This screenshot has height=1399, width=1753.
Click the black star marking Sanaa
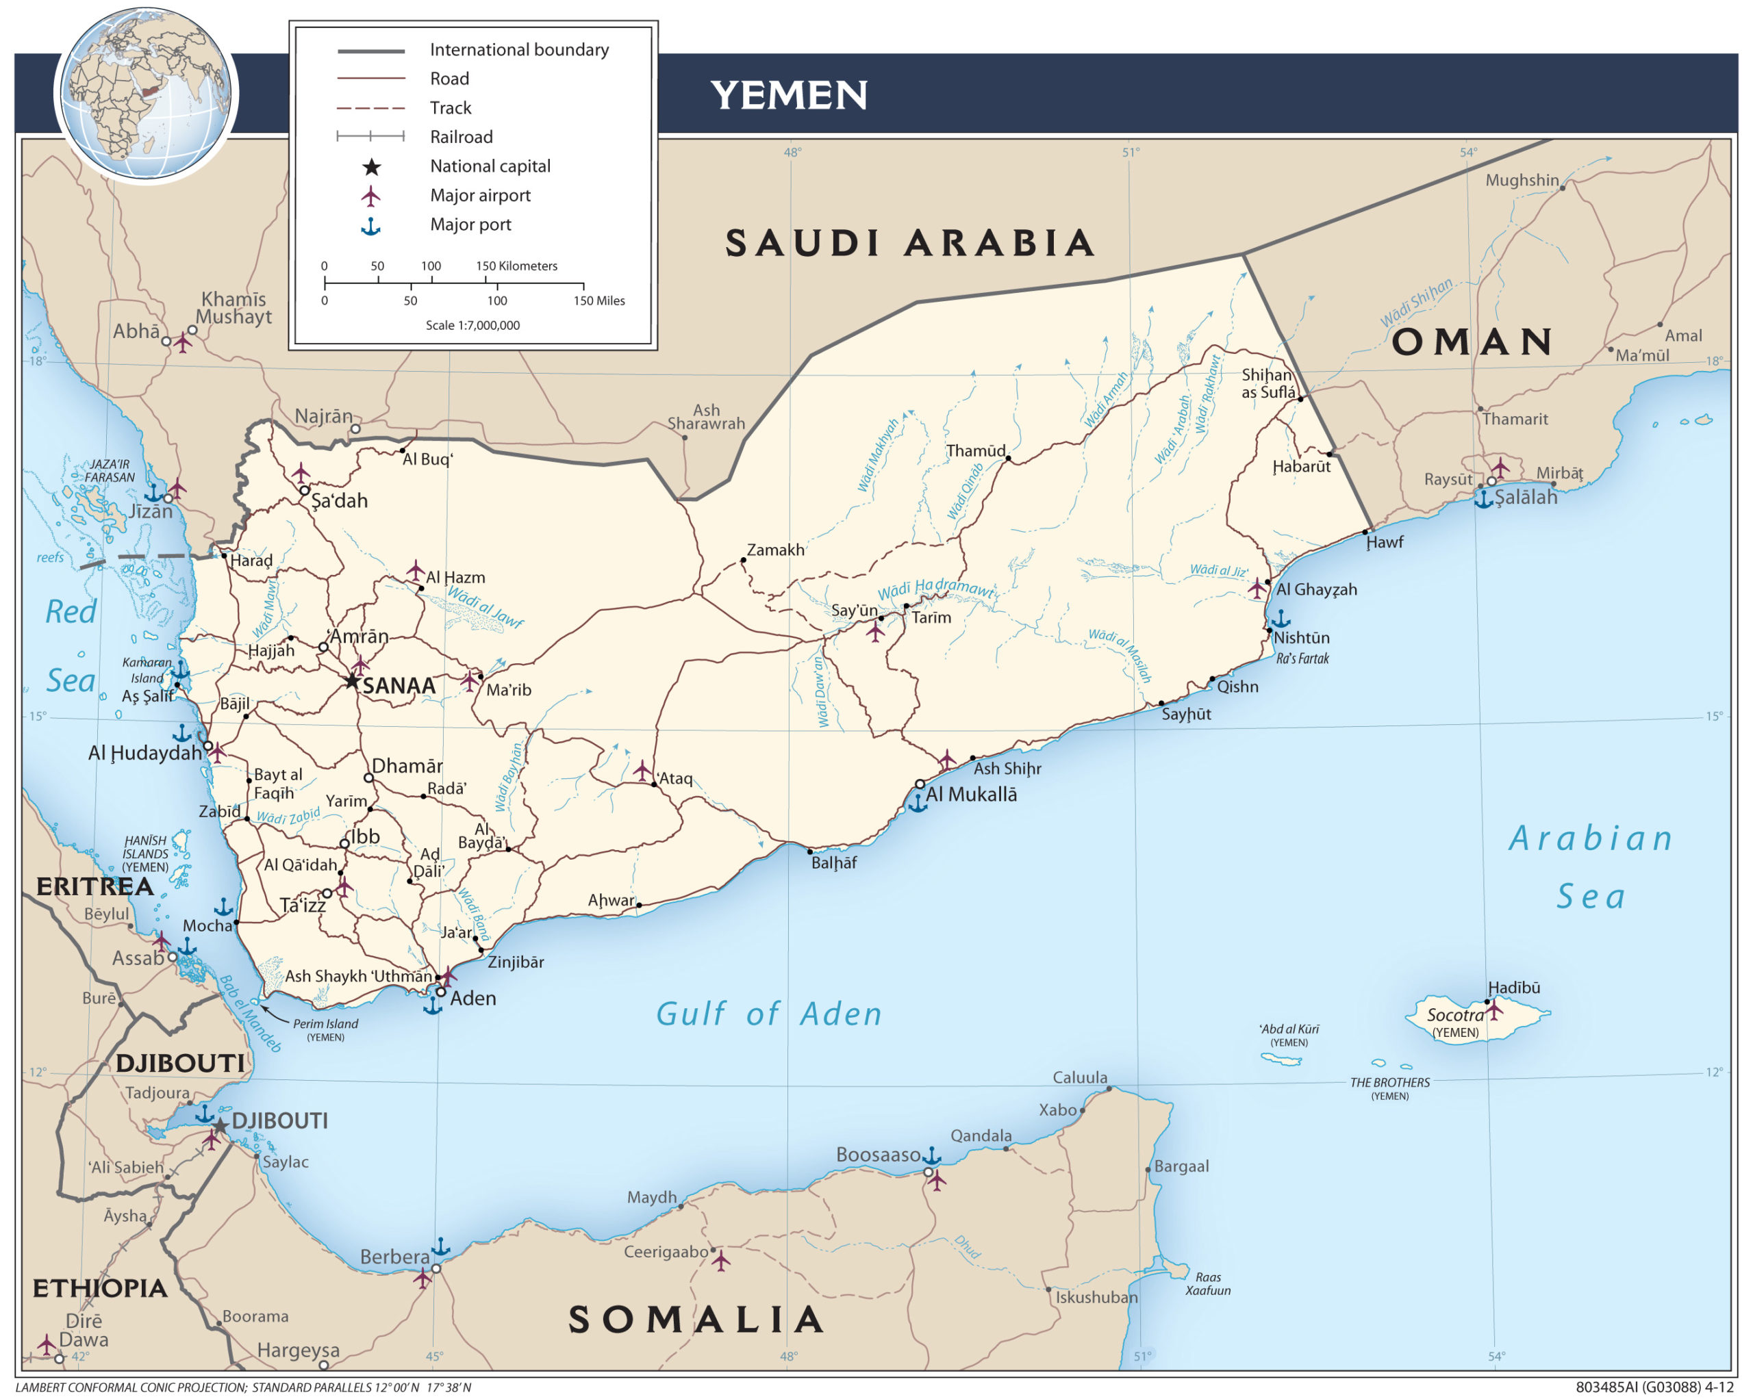click(351, 680)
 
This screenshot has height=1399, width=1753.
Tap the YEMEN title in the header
click(788, 95)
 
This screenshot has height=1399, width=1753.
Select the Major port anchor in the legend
click(370, 226)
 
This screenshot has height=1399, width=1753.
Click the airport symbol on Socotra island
click(1493, 1010)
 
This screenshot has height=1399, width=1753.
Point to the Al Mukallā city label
click(971, 794)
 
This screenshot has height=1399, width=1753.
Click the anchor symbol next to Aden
click(433, 1005)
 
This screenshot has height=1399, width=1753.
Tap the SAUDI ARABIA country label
click(909, 243)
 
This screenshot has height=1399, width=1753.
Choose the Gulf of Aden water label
click(768, 1014)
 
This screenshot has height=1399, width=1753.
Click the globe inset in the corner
click(147, 94)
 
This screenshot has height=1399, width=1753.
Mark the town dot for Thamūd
click(1007, 459)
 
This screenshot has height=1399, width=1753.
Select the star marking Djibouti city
click(220, 1127)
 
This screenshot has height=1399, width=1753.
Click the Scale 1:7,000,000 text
click(472, 325)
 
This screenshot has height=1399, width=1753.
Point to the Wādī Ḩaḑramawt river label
click(935, 589)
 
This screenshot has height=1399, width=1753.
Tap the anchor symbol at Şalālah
click(1484, 498)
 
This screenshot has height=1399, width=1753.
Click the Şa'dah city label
click(339, 501)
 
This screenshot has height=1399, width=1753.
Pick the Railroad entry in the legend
click(461, 137)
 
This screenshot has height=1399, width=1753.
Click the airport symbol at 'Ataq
click(642, 770)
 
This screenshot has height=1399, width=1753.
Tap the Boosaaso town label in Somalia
click(877, 1155)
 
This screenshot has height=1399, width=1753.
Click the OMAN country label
click(1472, 342)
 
